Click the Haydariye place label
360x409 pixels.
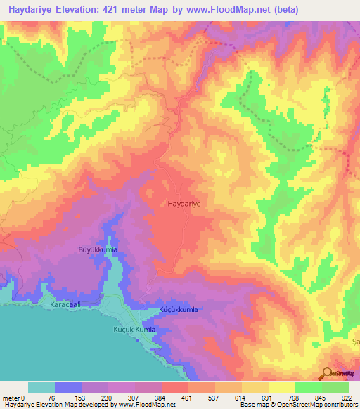[x=185, y=203]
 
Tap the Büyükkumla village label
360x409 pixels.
[x=97, y=250]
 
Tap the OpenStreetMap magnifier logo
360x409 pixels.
[x=327, y=373]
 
